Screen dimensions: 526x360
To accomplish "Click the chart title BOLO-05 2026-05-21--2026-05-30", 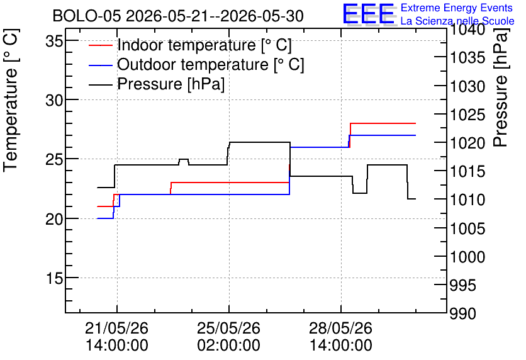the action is coord(178,16).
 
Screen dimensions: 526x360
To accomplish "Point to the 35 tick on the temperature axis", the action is coord(54,42).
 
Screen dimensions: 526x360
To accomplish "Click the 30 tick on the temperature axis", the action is coord(54,100).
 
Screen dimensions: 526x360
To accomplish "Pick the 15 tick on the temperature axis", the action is coord(54,278).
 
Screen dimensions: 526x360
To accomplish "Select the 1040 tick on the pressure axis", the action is coord(467,30).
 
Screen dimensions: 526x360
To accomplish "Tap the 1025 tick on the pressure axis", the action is coord(467,115).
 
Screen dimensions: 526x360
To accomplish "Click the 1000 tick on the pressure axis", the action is coord(467,257).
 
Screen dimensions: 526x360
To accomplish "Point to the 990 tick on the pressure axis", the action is coord(462,313).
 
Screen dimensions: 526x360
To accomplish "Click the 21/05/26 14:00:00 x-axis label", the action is coord(117,336).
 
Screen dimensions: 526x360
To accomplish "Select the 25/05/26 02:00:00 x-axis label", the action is coord(229,336).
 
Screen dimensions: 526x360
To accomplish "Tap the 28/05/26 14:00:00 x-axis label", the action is coord(341,336).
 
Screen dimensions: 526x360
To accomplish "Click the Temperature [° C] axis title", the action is coord(11,101).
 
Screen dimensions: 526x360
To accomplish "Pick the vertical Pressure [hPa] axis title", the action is coord(501,88).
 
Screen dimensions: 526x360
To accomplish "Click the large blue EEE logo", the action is coord(368,13).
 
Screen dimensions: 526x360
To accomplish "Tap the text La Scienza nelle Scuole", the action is coord(457,21).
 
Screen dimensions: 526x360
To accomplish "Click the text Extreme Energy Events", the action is coord(457,8).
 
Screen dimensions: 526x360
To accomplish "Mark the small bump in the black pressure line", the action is coord(184,161).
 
